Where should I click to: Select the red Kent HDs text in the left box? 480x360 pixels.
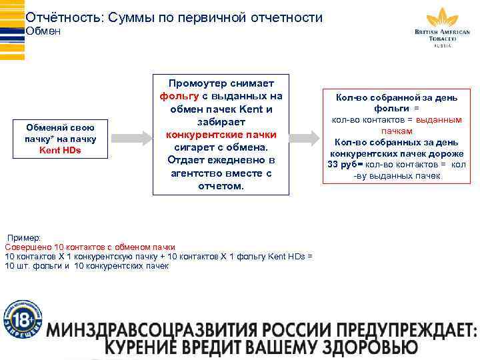pos(60,150)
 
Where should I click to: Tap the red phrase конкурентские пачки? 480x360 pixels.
pos(221,135)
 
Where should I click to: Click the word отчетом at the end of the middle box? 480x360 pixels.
pos(221,186)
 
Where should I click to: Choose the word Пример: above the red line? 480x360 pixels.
pos(24,237)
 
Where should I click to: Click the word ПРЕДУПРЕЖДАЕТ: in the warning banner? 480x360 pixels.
pos(408,329)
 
